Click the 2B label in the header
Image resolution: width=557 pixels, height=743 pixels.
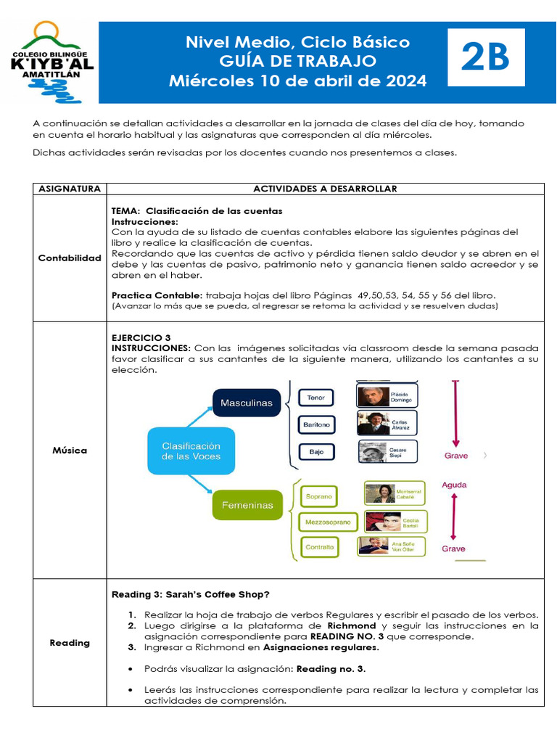pos(485,59)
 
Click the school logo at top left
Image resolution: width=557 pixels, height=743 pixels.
pos(51,62)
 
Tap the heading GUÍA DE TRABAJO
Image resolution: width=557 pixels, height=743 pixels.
pos(297,61)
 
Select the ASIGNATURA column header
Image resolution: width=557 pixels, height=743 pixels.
pos(70,189)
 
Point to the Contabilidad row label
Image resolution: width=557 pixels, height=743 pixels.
pos(70,258)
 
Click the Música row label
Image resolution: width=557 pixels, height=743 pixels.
pos(70,451)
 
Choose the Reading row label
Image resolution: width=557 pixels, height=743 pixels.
pos(70,642)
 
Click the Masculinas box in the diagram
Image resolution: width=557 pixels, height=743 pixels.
pos(247,402)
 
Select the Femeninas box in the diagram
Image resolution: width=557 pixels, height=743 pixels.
pos(247,505)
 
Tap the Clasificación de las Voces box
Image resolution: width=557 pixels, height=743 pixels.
pos(191,451)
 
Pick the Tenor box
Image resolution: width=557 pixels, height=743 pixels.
pos(315,398)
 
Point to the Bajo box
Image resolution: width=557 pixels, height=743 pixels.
pos(316,451)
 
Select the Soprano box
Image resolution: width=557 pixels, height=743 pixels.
pos(318,496)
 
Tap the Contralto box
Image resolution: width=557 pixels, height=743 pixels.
pos(319,547)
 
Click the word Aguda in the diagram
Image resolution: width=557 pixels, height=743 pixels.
pos(454,485)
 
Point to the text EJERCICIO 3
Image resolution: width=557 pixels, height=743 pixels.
pos(141,338)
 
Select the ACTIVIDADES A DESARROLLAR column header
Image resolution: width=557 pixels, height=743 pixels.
pos(325,189)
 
